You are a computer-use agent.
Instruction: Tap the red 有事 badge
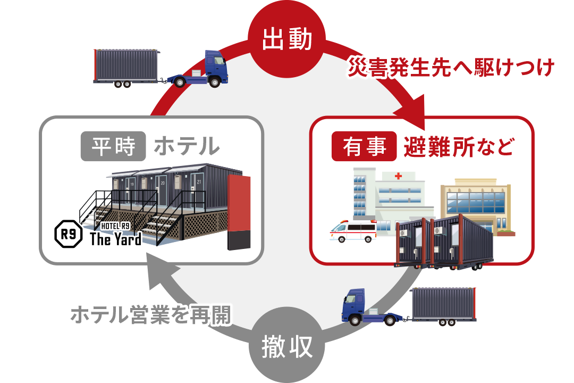pos(364,146)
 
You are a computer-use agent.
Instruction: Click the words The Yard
pos(115,239)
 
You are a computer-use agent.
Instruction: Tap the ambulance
pos(352,231)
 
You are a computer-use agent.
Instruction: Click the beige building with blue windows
pos(475,205)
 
